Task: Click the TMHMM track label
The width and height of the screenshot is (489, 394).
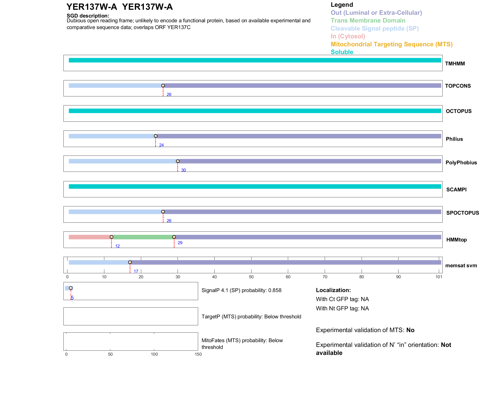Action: pyautogui.click(x=455, y=64)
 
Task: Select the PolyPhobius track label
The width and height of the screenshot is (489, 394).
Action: pyautogui.click(x=461, y=163)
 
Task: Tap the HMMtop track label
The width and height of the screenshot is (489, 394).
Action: pyautogui.click(x=456, y=240)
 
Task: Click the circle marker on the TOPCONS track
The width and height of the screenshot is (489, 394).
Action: pyautogui.click(x=163, y=86)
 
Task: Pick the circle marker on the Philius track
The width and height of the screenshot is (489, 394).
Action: pyautogui.click(x=156, y=136)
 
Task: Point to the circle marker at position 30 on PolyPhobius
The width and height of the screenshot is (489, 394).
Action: pyautogui.click(x=178, y=161)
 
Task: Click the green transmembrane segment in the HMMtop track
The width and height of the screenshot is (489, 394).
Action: pyautogui.click(x=143, y=237)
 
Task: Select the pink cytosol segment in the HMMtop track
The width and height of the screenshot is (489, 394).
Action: pyautogui.click(x=90, y=237)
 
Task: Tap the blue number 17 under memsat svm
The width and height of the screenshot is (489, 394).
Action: pyautogui.click(x=136, y=271)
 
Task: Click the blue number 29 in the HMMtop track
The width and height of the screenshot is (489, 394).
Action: pyautogui.click(x=180, y=243)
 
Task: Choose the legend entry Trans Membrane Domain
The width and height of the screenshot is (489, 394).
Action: pyautogui.click(x=368, y=21)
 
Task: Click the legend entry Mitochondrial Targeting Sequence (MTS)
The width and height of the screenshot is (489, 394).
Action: pyautogui.click(x=391, y=44)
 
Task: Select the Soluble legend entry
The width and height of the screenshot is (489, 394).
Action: pyautogui.click(x=342, y=52)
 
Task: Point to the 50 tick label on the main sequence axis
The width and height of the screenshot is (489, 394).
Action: pyautogui.click(x=251, y=277)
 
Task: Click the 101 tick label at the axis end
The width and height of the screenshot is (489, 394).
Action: pyautogui.click(x=439, y=277)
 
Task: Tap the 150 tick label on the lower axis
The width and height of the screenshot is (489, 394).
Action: pyautogui.click(x=198, y=354)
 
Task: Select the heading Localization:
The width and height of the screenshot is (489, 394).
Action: pyautogui.click(x=333, y=290)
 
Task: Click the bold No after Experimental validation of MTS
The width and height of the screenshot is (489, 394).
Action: pyautogui.click(x=410, y=330)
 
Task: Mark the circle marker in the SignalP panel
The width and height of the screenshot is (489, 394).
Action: pyautogui.click(x=71, y=288)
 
